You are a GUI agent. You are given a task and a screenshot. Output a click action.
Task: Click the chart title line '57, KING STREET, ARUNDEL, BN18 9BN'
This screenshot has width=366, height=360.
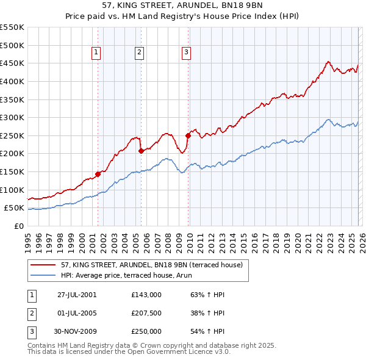tap(183, 6)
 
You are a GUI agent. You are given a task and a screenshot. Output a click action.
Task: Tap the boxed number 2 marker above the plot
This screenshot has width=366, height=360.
tap(140, 53)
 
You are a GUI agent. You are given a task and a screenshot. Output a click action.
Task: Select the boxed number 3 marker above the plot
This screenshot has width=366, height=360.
tap(185, 53)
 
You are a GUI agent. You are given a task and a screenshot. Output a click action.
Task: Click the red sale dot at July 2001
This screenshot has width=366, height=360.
tap(98, 174)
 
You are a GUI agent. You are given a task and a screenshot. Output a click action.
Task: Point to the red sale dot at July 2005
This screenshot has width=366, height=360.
tap(141, 151)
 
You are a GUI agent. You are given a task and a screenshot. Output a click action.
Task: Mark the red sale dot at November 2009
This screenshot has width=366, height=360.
tap(188, 135)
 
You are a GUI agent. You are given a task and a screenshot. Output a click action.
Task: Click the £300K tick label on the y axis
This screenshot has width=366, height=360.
tap(12, 117)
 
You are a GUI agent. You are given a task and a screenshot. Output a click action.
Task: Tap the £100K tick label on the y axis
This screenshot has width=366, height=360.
tap(12, 190)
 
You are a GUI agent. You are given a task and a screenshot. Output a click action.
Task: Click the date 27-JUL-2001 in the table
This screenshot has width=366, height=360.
tap(77, 295)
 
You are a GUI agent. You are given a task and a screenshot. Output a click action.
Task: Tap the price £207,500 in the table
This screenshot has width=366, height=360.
tap(146, 313)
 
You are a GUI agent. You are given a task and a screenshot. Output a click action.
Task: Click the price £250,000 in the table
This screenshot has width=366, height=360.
tap(146, 331)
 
